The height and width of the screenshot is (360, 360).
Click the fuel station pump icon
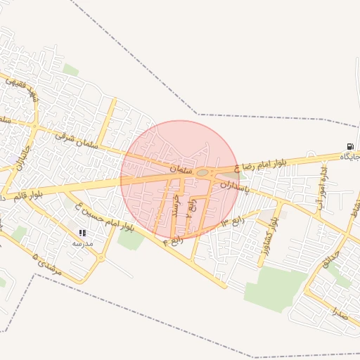pyautogui.click(x=349, y=147)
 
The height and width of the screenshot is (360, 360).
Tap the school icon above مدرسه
pyautogui.click(x=82, y=233)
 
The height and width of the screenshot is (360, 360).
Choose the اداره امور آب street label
pyautogui.click(x=322, y=182)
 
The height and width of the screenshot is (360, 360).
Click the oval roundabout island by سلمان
pyautogui.click(x=202, y=172)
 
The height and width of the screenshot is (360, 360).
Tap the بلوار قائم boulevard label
pyautogui.click(x=39, y=191)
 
